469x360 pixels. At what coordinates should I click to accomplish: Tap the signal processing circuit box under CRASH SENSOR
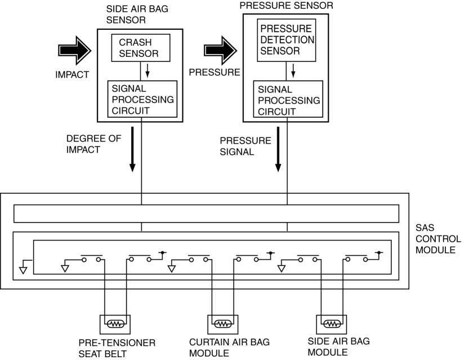click(x=142, y=99)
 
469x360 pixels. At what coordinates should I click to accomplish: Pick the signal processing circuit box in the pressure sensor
click(x=289, y=99)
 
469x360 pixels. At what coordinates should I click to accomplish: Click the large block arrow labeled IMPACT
click(x=74, y=50)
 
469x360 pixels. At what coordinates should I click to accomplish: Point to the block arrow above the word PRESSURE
click(x=220, y=50)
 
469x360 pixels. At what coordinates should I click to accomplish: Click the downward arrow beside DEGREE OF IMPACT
click(x=132, y=149)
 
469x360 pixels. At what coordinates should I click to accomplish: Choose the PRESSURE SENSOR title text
click(x=286, y=6)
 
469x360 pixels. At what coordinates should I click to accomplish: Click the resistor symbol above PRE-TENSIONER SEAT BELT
click(x=115, y=324)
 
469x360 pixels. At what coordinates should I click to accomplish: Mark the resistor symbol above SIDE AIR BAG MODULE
click(x=331, y=324)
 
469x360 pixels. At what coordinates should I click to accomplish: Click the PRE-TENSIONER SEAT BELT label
click(x=117, y=348)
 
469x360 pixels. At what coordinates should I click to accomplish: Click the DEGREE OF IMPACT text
click(x=93, y=144)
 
